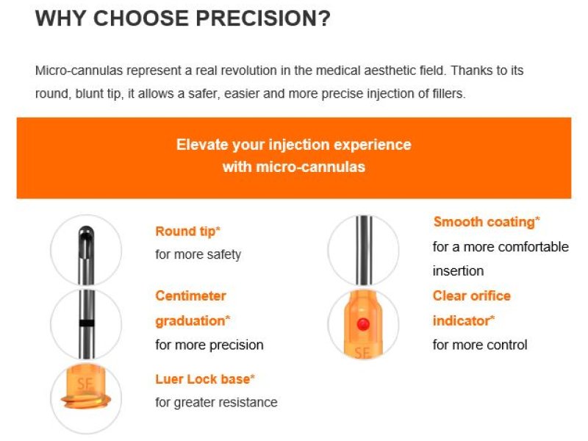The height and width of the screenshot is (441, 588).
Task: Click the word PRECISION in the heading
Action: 263,18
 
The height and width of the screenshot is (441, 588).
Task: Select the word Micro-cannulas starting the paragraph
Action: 79,71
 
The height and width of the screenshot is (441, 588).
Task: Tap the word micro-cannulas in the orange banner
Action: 310,167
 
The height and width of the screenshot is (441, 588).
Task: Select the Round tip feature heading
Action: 187,232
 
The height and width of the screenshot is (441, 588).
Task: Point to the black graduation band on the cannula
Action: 87,323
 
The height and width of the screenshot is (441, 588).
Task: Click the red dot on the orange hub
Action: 363,324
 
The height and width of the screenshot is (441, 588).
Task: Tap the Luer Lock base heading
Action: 205,379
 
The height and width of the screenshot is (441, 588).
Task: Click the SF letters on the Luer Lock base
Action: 85,384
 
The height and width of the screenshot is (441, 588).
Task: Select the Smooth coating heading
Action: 487,222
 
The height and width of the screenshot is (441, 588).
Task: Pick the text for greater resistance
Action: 216,402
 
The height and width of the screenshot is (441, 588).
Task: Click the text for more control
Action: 480,345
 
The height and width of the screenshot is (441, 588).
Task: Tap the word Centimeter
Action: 190,296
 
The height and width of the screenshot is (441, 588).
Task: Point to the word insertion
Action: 458,270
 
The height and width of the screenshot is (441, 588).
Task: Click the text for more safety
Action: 198,254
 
